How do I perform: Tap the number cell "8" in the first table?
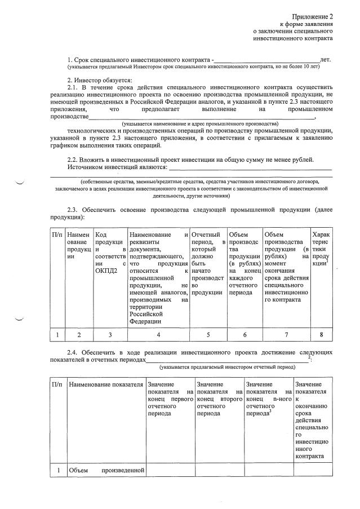[x=321, y=335]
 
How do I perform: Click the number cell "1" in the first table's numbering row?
[x=57, y=335]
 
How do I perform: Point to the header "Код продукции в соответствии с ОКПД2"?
[x=110, y=252]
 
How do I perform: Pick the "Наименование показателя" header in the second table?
[x=105, y=384]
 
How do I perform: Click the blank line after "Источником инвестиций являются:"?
[x=250, y=168]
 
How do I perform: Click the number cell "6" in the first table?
[x=245, y=335]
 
